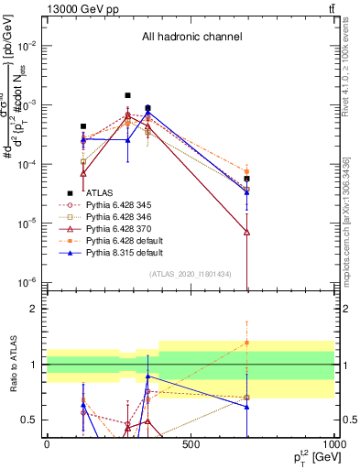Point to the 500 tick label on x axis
coord(191,444)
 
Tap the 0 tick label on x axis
coord(47,444)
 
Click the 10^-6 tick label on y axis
coord(27,282)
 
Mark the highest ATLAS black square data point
coord(127,95)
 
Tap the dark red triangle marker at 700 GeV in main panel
coord(246,232)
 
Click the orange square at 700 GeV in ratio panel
coord(246,343)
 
